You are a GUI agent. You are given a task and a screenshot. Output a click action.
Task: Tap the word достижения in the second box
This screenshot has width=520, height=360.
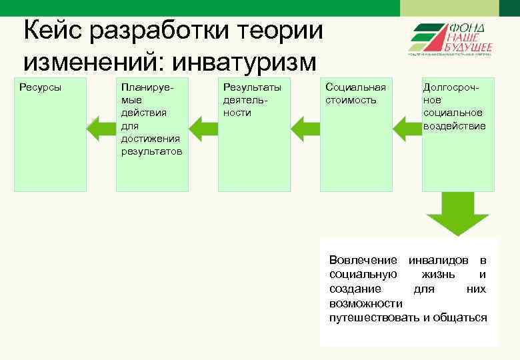click(151, 138)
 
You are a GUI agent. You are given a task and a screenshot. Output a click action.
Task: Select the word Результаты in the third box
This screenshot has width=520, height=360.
click(252, 87)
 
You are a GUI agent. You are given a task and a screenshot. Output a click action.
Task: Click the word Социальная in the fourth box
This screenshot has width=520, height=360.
click(355, 87)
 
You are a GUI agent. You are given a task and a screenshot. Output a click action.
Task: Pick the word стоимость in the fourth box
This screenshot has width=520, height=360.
click(351, 100)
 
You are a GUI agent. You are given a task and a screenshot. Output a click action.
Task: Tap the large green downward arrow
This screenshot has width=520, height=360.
click(458, 214)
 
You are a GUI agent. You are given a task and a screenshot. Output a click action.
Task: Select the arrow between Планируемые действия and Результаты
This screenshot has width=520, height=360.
click(203, 128)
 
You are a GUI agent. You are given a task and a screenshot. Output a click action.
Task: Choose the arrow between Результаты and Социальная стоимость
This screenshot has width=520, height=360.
click(305, 128)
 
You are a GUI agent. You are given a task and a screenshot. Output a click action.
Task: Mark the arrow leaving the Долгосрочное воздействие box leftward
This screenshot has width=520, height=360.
click(407, 128)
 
